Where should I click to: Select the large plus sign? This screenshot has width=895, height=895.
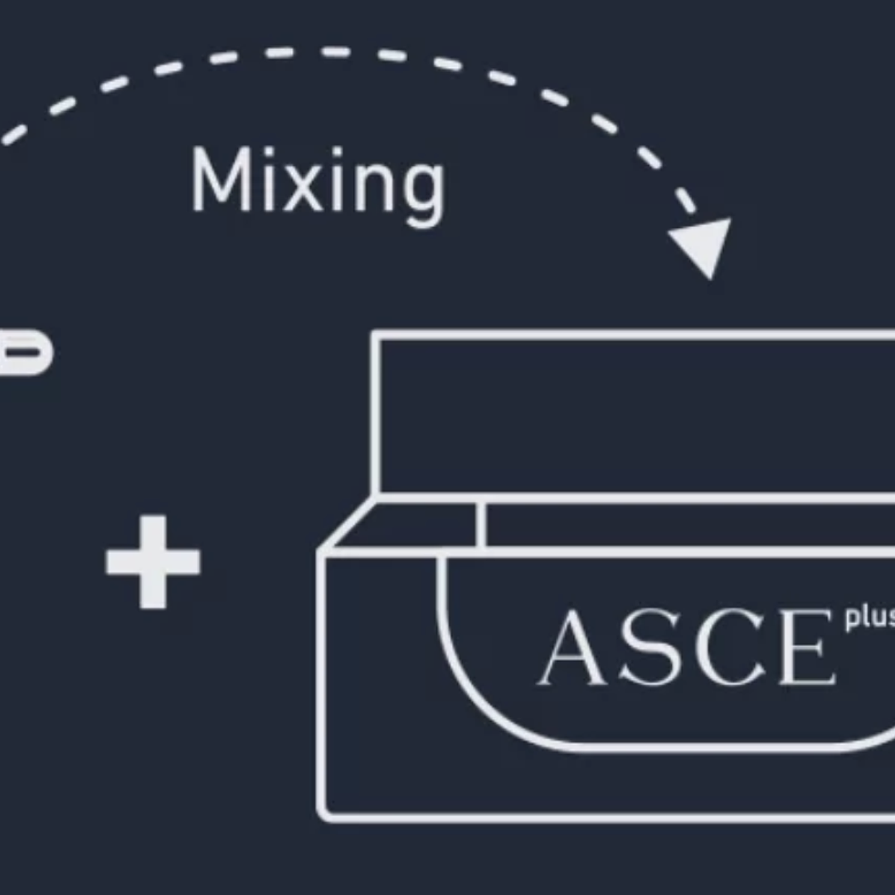pyautogui.click(x=153, y=562)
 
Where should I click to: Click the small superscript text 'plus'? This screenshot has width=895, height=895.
pyautogui.click(x=868, y=619)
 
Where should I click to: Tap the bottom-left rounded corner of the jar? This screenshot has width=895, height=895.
pyautogui.click(x=327, y=812)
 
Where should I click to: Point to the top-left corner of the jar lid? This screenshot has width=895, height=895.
pyautogui.click(x=375, y=335)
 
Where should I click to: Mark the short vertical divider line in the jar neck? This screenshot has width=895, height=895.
pyautogui.click(x=481, y=524)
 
